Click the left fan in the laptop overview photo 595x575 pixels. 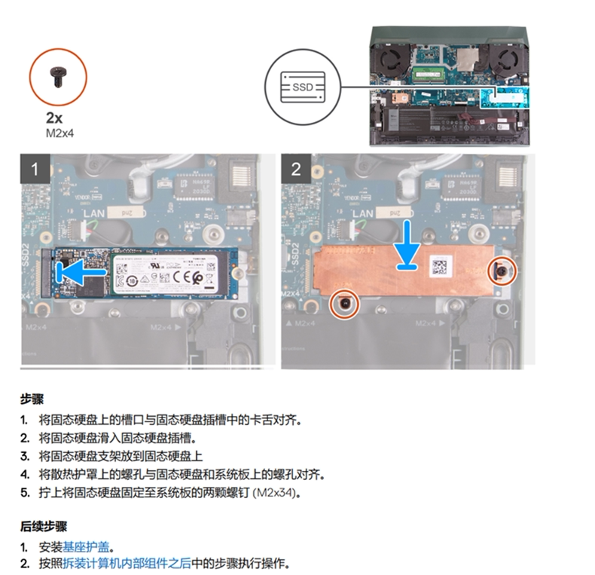(391, 60)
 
